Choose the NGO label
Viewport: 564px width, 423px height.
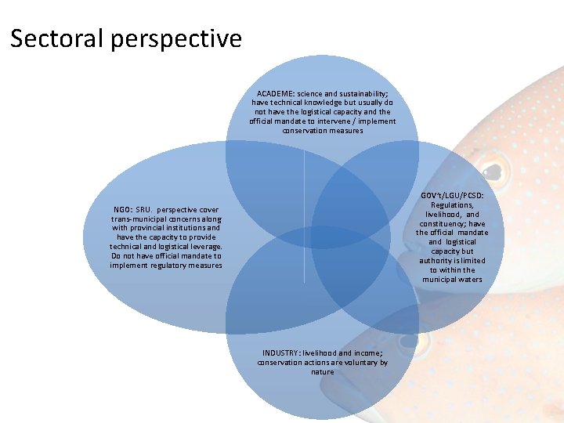tap(122, 210)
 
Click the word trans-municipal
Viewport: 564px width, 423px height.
tap(139, 219)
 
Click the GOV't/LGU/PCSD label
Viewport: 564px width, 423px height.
tap(452, 195)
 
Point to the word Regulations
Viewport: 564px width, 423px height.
tap(452, 204)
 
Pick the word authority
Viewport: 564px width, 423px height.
tap(439, 261)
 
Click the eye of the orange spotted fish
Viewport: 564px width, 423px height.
tap(491, 171)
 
